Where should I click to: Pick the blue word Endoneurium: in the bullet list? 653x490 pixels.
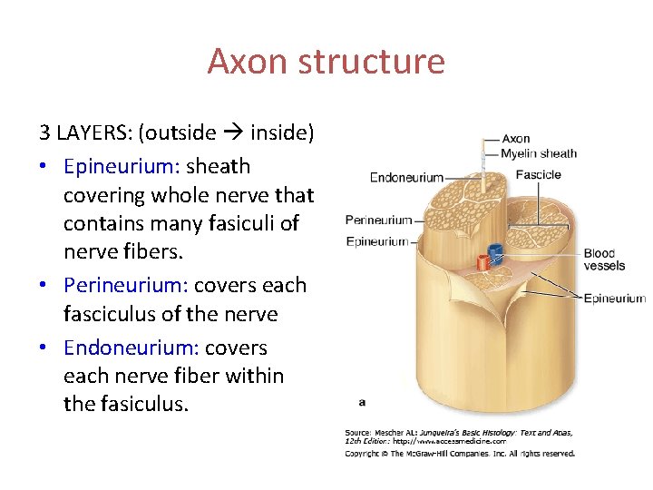(x=132, y=348)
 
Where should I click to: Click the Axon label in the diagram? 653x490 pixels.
(x=515, y=139)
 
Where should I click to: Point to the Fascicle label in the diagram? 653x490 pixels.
(x=538, y=174)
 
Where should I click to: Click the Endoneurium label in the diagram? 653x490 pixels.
(x=406, y=177)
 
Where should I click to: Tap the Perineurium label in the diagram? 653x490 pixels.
(x=378, y=220)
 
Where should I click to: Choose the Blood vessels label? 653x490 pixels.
(x=603, y=260)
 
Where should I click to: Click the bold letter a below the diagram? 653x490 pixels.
(x=363, y=399)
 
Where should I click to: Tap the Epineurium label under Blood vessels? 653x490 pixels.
(x=614, y=298)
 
